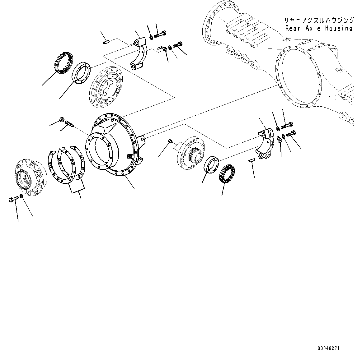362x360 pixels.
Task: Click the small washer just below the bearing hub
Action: click(21, 196)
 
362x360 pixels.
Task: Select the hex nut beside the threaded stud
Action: click(61, 119)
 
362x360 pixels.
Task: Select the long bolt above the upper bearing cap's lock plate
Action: click(161, 34)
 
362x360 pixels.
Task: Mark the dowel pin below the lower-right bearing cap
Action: click(252, 160)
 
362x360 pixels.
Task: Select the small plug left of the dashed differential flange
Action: click(170, 141)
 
